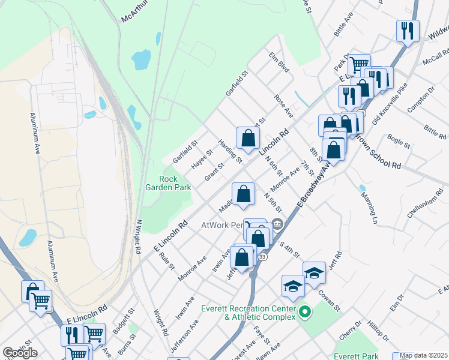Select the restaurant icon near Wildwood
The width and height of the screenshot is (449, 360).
[408, 31]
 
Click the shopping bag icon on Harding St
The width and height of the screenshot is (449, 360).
[248, 139]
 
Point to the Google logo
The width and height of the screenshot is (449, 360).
[20, 353]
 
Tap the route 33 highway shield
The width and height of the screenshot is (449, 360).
[262, 256]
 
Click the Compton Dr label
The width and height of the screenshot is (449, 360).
[420, 98]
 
